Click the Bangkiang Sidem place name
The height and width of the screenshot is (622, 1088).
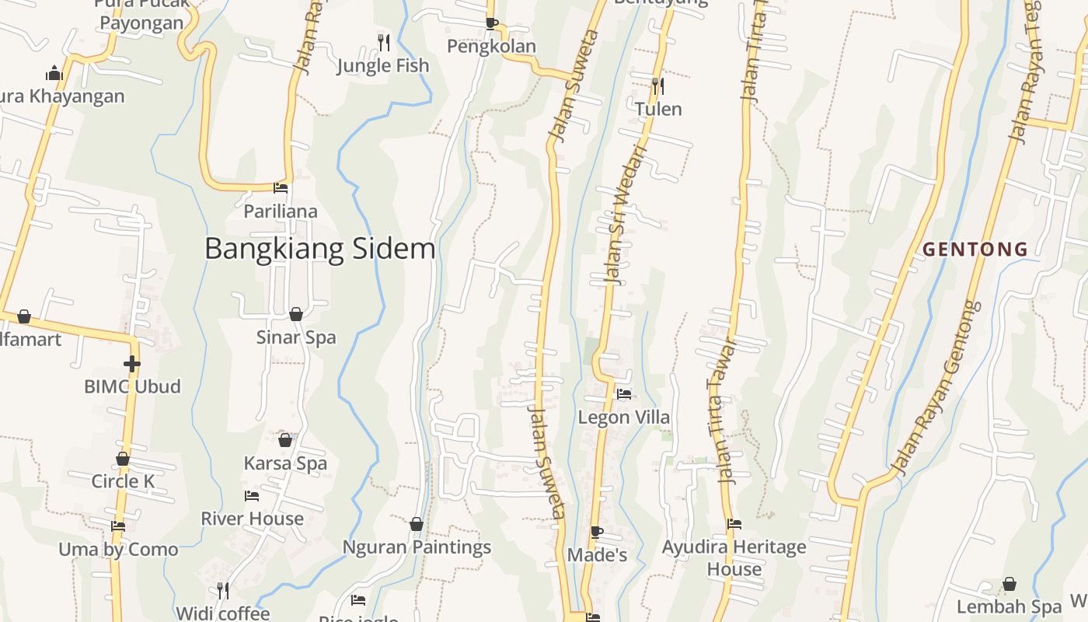point(319,249)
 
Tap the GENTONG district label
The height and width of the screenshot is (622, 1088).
point(975,250)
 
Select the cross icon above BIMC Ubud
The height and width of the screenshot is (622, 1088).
point(132,363)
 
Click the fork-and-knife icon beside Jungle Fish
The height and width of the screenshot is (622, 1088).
point(383,41)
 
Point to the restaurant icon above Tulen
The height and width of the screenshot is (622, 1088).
point(658,85)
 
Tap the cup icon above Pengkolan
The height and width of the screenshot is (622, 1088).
point(491,23)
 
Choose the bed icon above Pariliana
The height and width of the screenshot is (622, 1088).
point(281,188)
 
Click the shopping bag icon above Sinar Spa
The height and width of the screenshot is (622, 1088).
point(296,314)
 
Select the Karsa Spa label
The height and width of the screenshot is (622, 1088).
point(285,463)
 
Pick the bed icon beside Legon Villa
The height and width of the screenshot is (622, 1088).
point(623,394)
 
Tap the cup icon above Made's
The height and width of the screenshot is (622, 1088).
point(596,532)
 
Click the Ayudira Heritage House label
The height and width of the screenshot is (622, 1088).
point(734,557)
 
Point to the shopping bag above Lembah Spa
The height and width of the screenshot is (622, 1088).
point(1009,584)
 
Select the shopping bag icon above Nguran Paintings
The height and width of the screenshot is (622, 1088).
point(417,524)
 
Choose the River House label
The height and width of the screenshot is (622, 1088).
point(252,519)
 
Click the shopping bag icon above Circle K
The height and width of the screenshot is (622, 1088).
point(123,459)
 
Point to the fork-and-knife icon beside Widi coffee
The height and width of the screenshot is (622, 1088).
point(222,591)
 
